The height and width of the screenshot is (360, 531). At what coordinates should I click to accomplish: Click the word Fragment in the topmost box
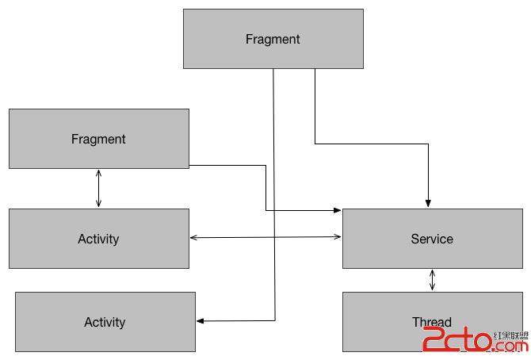pyautogui.click(x=273, y=39)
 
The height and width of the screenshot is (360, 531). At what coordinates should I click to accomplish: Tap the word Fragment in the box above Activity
pyautogui.click(x=98, y=139)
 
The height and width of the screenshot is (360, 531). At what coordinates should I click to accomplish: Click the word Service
pyautogui.click(x=432, y=239)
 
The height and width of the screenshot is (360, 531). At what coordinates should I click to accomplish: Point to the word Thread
pyautogui.click(x=432, y=322)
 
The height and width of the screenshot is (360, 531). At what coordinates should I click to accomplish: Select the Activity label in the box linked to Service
pyautogui.click(x=98, y=239)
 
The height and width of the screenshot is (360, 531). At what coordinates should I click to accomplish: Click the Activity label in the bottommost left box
pyautogui.click(x=105, y=322)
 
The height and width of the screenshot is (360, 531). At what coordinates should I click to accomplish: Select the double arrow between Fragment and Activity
pyautogui.click(x=98, y=188)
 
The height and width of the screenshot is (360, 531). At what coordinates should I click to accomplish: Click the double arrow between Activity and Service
pyautogui.click(x=265, y=237)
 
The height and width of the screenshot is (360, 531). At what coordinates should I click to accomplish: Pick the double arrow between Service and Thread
pyautogui.click(x=432, y=280)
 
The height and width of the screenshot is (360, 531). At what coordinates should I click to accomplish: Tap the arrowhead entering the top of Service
pyautogui.click(x=428, y=203)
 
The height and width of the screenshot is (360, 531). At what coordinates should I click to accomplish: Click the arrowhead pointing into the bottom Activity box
pyautogui.click(x=200, y=320)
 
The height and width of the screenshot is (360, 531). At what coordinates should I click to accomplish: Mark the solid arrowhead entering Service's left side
pyautogui.click(x=338, y=210)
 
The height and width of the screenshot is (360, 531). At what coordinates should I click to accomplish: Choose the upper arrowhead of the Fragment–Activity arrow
pyautogui.click(x=98, y=172)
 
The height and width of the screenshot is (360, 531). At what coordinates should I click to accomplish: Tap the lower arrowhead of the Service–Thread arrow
pyautogui.click(x=432, y=288)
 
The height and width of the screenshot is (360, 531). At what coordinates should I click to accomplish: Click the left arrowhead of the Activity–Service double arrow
pyautogui.click(x=193, y=238)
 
